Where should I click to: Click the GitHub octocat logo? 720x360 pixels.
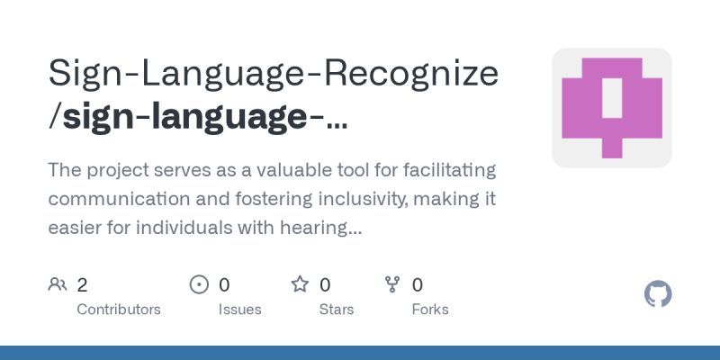tap(659, 294)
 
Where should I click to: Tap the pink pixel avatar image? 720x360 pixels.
tap(612, 108)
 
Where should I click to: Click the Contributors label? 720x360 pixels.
tap(119, 309)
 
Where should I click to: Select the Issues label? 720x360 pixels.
tap(239, 309)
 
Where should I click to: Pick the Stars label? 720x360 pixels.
tap(337, 309)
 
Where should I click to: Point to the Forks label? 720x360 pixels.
tap(430, 309)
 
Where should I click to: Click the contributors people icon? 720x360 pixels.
tap(58, 285)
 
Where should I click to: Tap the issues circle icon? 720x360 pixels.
tap(199, 285)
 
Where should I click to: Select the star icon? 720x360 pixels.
tap(300, 285)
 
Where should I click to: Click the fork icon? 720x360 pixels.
tap(392, 285)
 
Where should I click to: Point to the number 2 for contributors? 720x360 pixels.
tap(82, 285)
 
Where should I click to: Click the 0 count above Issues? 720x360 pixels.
tap(224, 285)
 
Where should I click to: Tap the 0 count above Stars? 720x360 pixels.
tap(325, 285)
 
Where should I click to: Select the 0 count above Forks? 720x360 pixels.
tap(418, 285)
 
